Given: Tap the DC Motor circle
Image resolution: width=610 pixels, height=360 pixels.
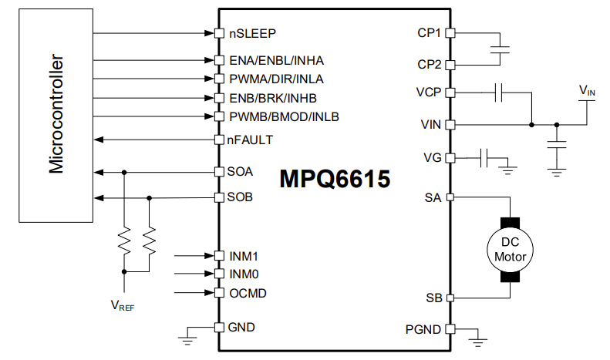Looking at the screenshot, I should coord(508,248).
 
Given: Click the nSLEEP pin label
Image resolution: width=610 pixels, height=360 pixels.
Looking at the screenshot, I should coord(251,34).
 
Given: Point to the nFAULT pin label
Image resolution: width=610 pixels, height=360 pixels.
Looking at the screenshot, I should coord(250,140).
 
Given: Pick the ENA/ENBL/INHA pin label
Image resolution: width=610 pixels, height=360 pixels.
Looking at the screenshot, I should coord(276,60).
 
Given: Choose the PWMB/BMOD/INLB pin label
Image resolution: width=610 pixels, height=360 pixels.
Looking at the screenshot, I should coord(283,116).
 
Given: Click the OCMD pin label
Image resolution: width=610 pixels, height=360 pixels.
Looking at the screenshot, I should coord(248,294).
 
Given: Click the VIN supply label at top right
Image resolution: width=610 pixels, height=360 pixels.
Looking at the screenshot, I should coord(587,91).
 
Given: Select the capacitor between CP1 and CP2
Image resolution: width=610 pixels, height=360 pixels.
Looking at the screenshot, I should coord(500,49).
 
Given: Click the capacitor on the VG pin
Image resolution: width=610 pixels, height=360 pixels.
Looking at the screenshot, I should coord(484,158).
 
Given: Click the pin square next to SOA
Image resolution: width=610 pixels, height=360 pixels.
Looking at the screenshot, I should coord(219,172).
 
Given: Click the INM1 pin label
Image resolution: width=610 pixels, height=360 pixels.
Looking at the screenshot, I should coord(244,255).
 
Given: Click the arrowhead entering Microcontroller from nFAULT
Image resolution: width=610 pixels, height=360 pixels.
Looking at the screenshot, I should coord(97,140).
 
